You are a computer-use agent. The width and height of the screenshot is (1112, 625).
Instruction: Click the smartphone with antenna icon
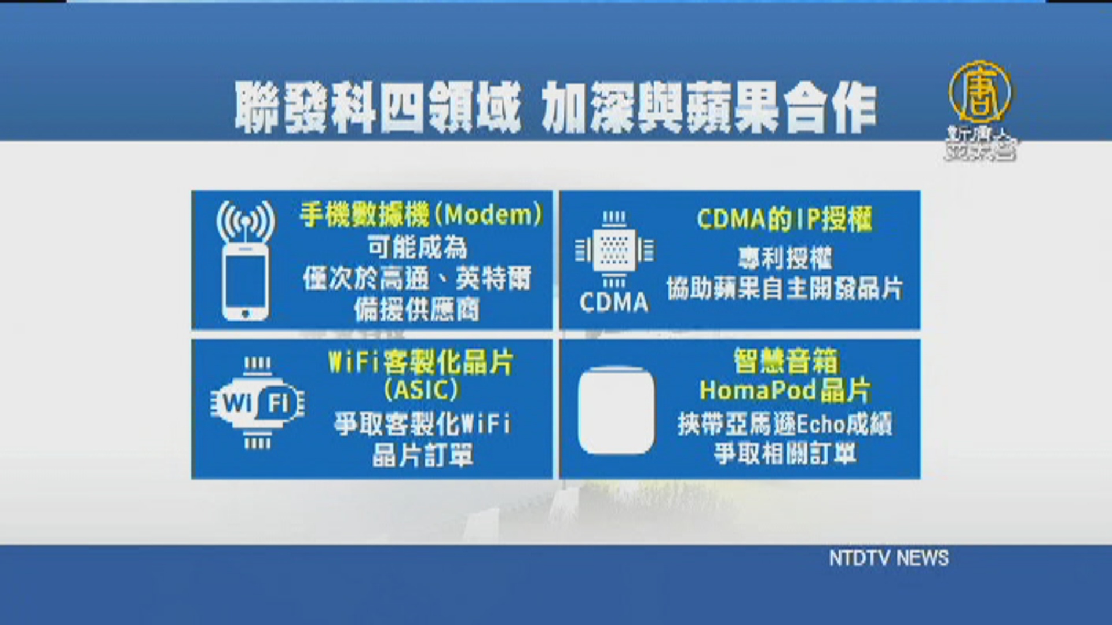point(246,260)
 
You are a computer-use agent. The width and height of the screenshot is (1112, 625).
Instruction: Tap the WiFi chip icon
point(257,403)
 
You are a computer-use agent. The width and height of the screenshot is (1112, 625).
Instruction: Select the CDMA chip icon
point(614,250)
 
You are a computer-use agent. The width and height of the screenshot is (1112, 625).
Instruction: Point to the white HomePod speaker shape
point(616,410)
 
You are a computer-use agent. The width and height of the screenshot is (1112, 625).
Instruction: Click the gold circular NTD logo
point(980,91)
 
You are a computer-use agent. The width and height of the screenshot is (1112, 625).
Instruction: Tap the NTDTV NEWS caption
point(888,558)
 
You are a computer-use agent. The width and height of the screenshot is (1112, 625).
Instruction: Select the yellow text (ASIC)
point(422,389)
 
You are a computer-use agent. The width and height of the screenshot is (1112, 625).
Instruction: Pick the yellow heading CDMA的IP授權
point(784,219)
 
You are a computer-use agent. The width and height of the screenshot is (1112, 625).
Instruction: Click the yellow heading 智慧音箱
point(785,361)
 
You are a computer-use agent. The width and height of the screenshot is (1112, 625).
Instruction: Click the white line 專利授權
point(785,258)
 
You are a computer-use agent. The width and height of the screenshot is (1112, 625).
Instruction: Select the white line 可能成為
point(417,248)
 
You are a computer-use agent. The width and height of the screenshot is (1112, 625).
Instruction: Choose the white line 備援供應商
point(417,310)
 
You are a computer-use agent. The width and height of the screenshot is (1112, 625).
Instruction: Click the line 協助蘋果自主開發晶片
point(785,288)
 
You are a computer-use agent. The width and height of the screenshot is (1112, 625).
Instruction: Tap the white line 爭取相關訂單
point(785,453)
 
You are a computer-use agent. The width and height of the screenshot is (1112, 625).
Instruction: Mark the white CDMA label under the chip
point(614,303)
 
